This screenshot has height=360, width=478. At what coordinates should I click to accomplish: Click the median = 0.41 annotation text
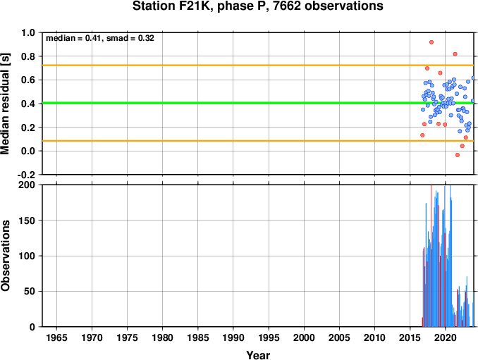(x=73, y=38)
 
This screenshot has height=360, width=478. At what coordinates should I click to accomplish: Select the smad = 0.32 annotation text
(x=130, y=38)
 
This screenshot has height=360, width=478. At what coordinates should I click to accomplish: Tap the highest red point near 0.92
(x=431, y=42)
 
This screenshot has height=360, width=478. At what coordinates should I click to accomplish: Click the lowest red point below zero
(x=458, y=155)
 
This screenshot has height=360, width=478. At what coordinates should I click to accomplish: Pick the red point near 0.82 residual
(x=455, y=54)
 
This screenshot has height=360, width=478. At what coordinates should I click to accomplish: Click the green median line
(x=258, y=103)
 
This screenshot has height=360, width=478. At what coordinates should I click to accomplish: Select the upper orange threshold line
(x=258, y=66)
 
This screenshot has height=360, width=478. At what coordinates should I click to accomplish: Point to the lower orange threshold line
(x=258, y=141)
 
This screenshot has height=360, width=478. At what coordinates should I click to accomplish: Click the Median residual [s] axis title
(x=5, y=104)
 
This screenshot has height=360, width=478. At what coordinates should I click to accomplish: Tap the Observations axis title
(x=5, y=256)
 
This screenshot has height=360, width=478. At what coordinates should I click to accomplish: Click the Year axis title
(x=258, y=355)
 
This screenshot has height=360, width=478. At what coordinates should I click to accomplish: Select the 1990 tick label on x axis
(x=233, y=337)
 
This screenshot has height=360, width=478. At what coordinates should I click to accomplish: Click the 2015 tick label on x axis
(x=410, y=337)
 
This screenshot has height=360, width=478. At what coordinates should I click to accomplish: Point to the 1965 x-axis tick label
(x=56, y=337)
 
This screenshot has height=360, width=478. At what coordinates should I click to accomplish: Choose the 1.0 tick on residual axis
(x=29, y=32)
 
